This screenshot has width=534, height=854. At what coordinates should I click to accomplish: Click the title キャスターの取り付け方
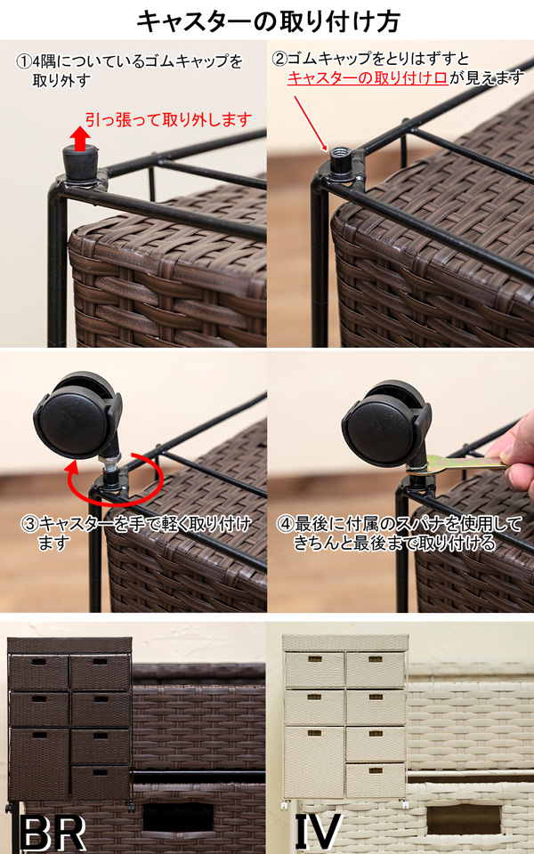pos(268,21)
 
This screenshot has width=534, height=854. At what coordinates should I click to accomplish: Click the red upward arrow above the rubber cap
pos(80,139)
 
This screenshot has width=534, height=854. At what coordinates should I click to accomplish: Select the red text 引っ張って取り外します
pos(169,119)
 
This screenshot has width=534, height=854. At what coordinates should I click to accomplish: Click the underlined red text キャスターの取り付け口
pos(368,79)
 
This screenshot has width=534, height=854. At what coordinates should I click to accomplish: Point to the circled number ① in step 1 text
pos(23,61)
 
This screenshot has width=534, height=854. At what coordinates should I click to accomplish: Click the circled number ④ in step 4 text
pos(285,526)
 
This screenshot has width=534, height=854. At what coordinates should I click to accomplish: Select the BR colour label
pos(53,834)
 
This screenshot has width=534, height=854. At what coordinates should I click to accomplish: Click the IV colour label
pos(319,834)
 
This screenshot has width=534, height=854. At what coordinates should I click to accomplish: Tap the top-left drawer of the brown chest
pos(38,673)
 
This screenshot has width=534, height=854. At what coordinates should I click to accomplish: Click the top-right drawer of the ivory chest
pos(376,669)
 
